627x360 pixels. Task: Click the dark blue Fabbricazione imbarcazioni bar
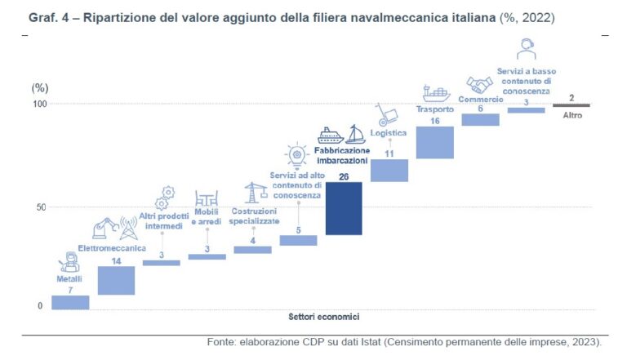click(x=344, y=208)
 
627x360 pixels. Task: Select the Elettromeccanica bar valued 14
click(x=116, y=280)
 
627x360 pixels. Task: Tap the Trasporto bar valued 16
click(x=434, y=142)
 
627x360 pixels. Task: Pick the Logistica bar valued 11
click(x=389, y=170)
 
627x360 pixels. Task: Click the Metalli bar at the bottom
click(x=70, y=302)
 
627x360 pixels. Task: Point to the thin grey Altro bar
click(x=571, y=105)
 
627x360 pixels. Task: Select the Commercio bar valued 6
click(x=480, y=119)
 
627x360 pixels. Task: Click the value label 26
click(x=344, y=176)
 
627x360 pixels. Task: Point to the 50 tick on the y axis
click(x=38, y=207)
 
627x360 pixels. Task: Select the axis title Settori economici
click(x=323, y=317)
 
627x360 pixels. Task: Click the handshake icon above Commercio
click(x=479, y=85)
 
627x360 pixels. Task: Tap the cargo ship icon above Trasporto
click(x=434, y=92)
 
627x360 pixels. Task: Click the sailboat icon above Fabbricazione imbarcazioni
click(x=355, y=135)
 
